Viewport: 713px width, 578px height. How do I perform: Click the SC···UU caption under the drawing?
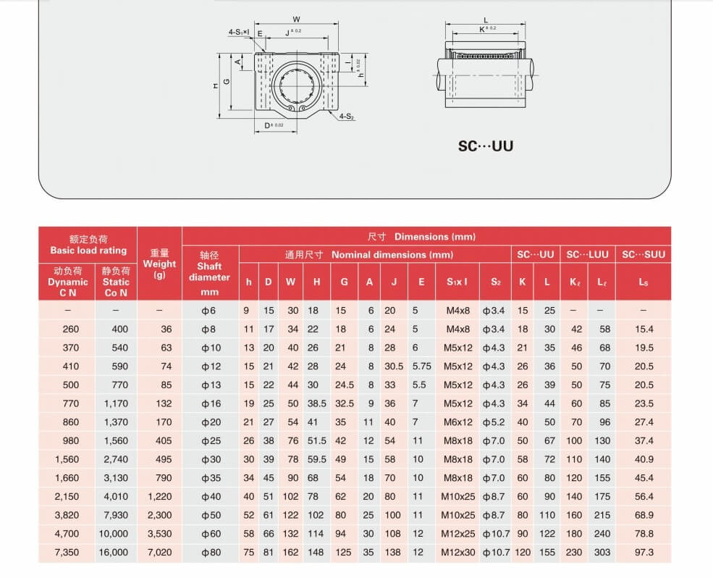486,146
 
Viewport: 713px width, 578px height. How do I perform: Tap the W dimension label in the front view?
297,19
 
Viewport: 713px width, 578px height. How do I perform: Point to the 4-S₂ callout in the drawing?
347,117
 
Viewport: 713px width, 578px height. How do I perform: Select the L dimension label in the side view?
486,20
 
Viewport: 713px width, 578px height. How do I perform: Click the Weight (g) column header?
159,264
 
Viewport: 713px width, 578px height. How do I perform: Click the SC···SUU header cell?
644,254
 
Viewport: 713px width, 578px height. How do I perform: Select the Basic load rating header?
88,245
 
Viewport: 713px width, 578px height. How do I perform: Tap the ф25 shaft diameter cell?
211,440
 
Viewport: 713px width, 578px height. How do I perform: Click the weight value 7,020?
159,552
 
